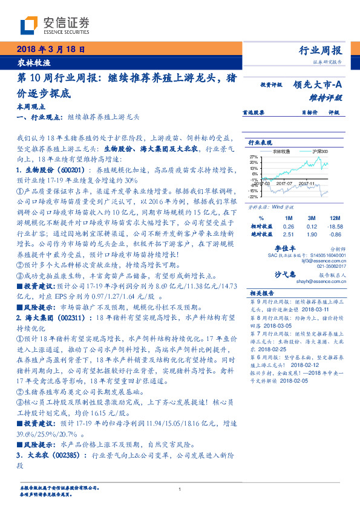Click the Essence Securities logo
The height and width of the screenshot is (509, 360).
coord(54,25)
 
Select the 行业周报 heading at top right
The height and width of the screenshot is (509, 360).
coord(321,50)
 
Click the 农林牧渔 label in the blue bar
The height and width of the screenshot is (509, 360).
coord(30,62)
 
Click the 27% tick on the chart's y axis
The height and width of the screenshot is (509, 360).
coord(254,156)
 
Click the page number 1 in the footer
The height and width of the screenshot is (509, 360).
coord(180,489)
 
